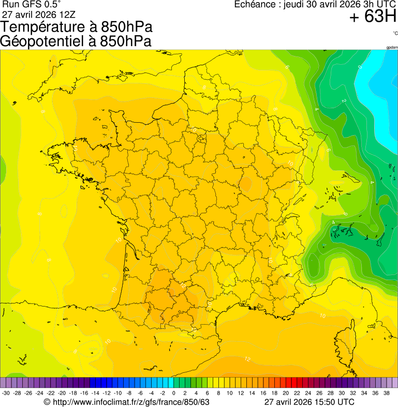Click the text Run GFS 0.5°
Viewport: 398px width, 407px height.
(x=31, y=4)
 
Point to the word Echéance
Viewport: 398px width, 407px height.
(x=255, y=5)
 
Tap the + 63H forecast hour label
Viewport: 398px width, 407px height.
(x=373, y=18)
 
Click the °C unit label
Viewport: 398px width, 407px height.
(x=395, y=33)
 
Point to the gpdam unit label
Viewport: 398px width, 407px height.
(x=392, y=47)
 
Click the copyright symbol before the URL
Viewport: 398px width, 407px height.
(x=47, y=402)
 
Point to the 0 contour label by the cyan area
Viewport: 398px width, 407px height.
(x=360, y=67)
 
